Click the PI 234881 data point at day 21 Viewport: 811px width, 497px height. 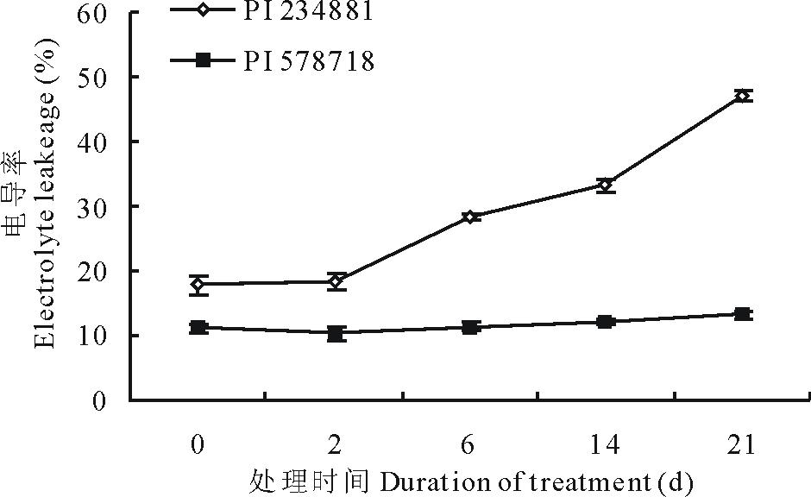pyautogui.click(x=743, y=96)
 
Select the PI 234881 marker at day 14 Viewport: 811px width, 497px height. pyautogui.click(x=606, y=185)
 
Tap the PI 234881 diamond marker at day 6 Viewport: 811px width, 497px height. pyautogui.click(x=470, y=217)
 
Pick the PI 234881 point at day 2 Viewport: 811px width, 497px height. pyautogui.click(x=336, y=281)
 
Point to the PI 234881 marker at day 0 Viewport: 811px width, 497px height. pyautogui.click(x=199, y=284)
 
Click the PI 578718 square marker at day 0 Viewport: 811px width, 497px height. pyautogui.click(x=199, y=327)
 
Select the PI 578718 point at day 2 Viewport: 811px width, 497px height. pyautogui.click(x=336, y=333)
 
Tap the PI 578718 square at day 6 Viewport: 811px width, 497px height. pyautogui.click(x=470, y=327)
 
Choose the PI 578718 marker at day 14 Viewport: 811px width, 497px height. pyautogui.click(x=606, y=322)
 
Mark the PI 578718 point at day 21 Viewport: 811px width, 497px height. pyautogui.click(x=743, y=314)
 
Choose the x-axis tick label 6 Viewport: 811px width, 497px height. pyautogui.click(x=469, y=445)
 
